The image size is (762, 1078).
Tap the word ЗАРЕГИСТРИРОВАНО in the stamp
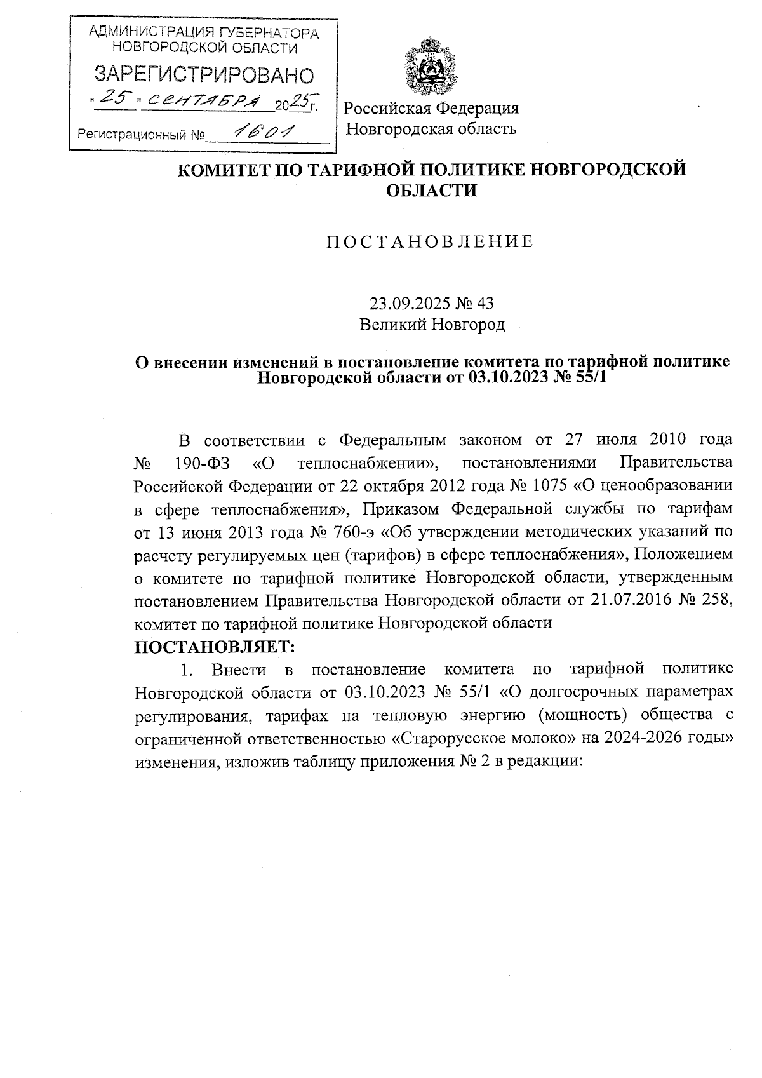(204, 75)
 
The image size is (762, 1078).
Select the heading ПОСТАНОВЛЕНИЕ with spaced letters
(430, 242)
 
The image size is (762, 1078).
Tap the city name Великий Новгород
(432, 325)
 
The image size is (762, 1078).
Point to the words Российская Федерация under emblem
(432, 108)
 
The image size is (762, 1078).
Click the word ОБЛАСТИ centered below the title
(432, 190)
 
